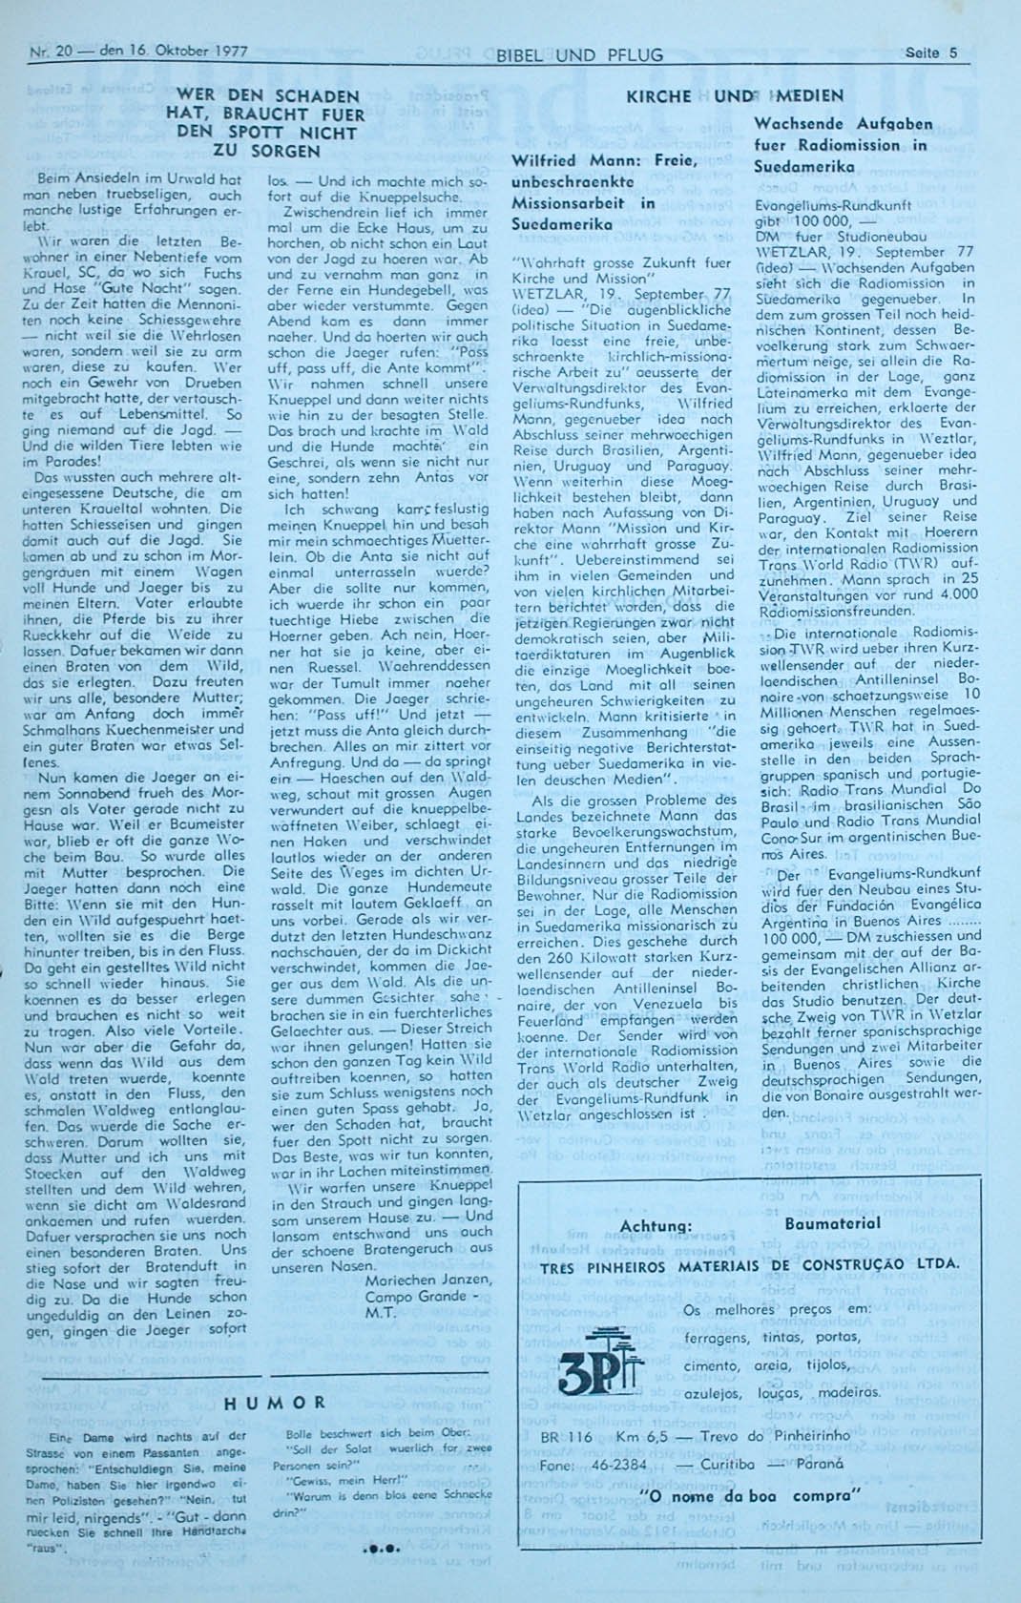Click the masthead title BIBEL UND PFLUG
click(579, 55)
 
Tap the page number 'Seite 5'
click(932, 53)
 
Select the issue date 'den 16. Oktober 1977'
click(174, 52)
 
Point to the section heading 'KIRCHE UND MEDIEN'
click(734, 96)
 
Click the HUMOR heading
click(275, 1403)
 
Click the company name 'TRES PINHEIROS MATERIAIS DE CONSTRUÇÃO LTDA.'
click(749, 1266)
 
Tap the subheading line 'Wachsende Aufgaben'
click(829, 124)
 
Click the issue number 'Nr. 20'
click(55, 52)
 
